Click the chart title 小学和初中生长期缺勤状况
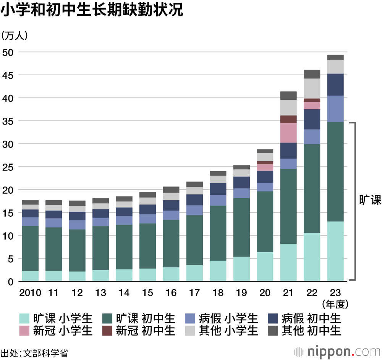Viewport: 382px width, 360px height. tap(92, 11)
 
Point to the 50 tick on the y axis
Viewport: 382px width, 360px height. tap(8, 52)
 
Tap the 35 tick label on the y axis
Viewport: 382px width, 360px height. tap(8, 121)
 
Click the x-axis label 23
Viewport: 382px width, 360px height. tap(335, 293)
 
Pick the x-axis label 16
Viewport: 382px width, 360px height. tap(171, 293)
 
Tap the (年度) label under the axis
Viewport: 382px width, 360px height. tap(335, 304)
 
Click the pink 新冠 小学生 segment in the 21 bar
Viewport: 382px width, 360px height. tap(288, 133)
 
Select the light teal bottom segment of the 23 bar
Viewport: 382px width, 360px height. tap(335, 251)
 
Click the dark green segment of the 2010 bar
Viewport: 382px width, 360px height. tap(31, 248)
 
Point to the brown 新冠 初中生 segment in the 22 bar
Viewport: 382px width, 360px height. tap(312, 100)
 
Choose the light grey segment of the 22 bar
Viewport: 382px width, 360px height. tap(312, 88)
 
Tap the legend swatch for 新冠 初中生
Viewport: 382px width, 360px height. tap(107, 330)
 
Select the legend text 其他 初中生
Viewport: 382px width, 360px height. tap(311, 330)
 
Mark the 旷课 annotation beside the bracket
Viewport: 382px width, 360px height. tap(370, 200)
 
